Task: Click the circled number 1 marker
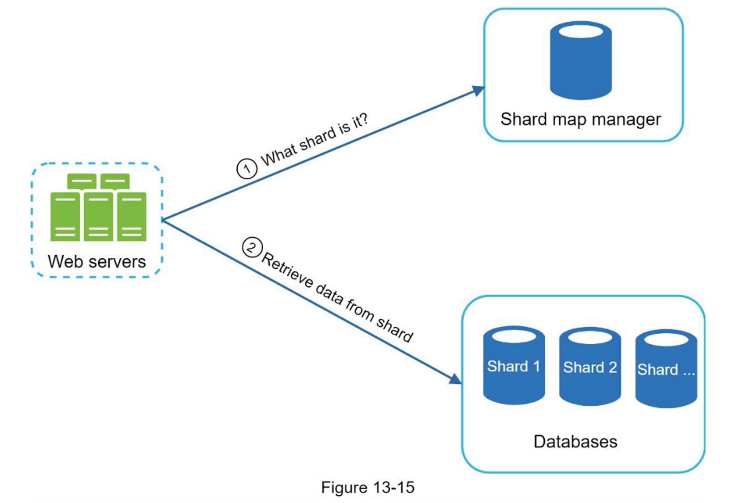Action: [x=247, y=169]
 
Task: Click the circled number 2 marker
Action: [x=252, y=247]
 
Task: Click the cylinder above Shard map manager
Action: [x=581, y=60]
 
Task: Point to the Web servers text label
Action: [x=97, y=262]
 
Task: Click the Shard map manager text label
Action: [x=580, y=119]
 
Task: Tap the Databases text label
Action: [x=575, y=442]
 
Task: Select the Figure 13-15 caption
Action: [x=368, y=487]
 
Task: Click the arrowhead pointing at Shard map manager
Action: [x=478, y=90]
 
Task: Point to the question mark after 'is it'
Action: [x=363, y=120]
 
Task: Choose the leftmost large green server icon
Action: [x=65, y=217]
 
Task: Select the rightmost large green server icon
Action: [x=132, y=217]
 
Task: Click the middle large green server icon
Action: [x=98, y=217]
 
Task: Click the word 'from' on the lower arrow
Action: [x=360, y=310]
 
